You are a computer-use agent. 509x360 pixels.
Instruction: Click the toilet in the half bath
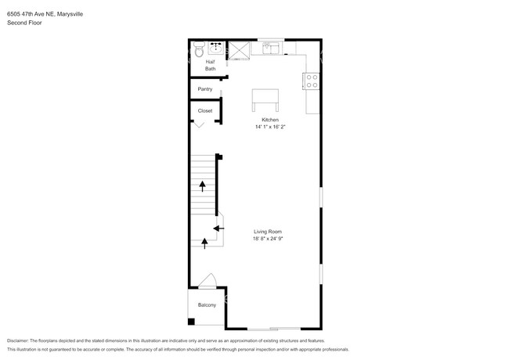(199, 51)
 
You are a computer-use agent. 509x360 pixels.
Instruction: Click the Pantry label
(205, 89)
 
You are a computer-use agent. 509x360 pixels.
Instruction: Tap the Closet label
(205, 111)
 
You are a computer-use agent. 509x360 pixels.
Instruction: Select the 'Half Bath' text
(210, 66)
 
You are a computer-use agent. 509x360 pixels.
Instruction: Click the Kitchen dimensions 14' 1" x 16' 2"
(271, 127)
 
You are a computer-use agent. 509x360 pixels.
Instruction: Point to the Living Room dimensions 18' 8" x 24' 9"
(268, 238)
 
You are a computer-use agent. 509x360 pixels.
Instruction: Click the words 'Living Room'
(268, 231)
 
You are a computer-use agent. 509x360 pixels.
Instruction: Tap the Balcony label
(207, 304)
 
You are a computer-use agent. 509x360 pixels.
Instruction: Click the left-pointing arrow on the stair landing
(218, 226)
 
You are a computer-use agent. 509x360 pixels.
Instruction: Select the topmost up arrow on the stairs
(204, 185)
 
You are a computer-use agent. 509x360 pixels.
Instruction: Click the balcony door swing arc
(208, 280)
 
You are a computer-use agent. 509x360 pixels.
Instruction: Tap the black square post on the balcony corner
(190, 322)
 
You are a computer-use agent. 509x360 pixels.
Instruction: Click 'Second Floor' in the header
(25, 23)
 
